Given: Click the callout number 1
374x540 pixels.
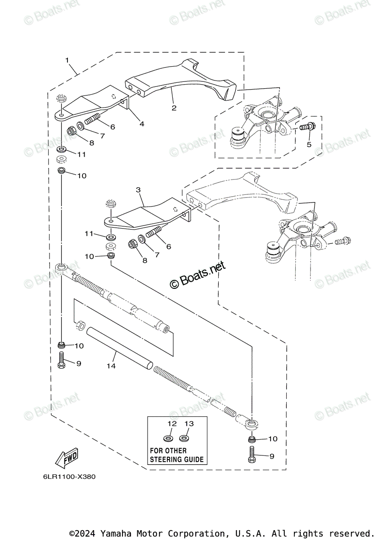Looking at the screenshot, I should coord(67,60).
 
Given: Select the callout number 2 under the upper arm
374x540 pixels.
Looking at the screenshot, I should coord(174,108).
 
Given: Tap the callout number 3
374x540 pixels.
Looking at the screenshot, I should coord(138,190).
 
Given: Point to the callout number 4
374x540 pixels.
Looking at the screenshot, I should coord(142,123).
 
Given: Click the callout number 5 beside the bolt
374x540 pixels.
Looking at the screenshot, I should coord(309,144).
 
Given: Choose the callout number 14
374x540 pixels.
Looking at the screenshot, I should coord(111,366).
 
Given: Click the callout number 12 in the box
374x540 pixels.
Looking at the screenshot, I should coord(171,423).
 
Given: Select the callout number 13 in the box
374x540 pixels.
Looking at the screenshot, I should coord(189,423).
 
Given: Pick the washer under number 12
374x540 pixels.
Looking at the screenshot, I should coord(168,437).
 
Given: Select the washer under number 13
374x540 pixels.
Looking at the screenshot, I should coord(184,437).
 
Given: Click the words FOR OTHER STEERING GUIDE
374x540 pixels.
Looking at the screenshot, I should coord(176,455).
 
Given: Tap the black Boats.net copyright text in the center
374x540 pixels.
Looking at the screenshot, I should coord(198,275).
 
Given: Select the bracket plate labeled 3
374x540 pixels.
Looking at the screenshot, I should coord(144,215).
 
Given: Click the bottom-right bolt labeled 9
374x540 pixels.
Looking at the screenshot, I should coord(251,455).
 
